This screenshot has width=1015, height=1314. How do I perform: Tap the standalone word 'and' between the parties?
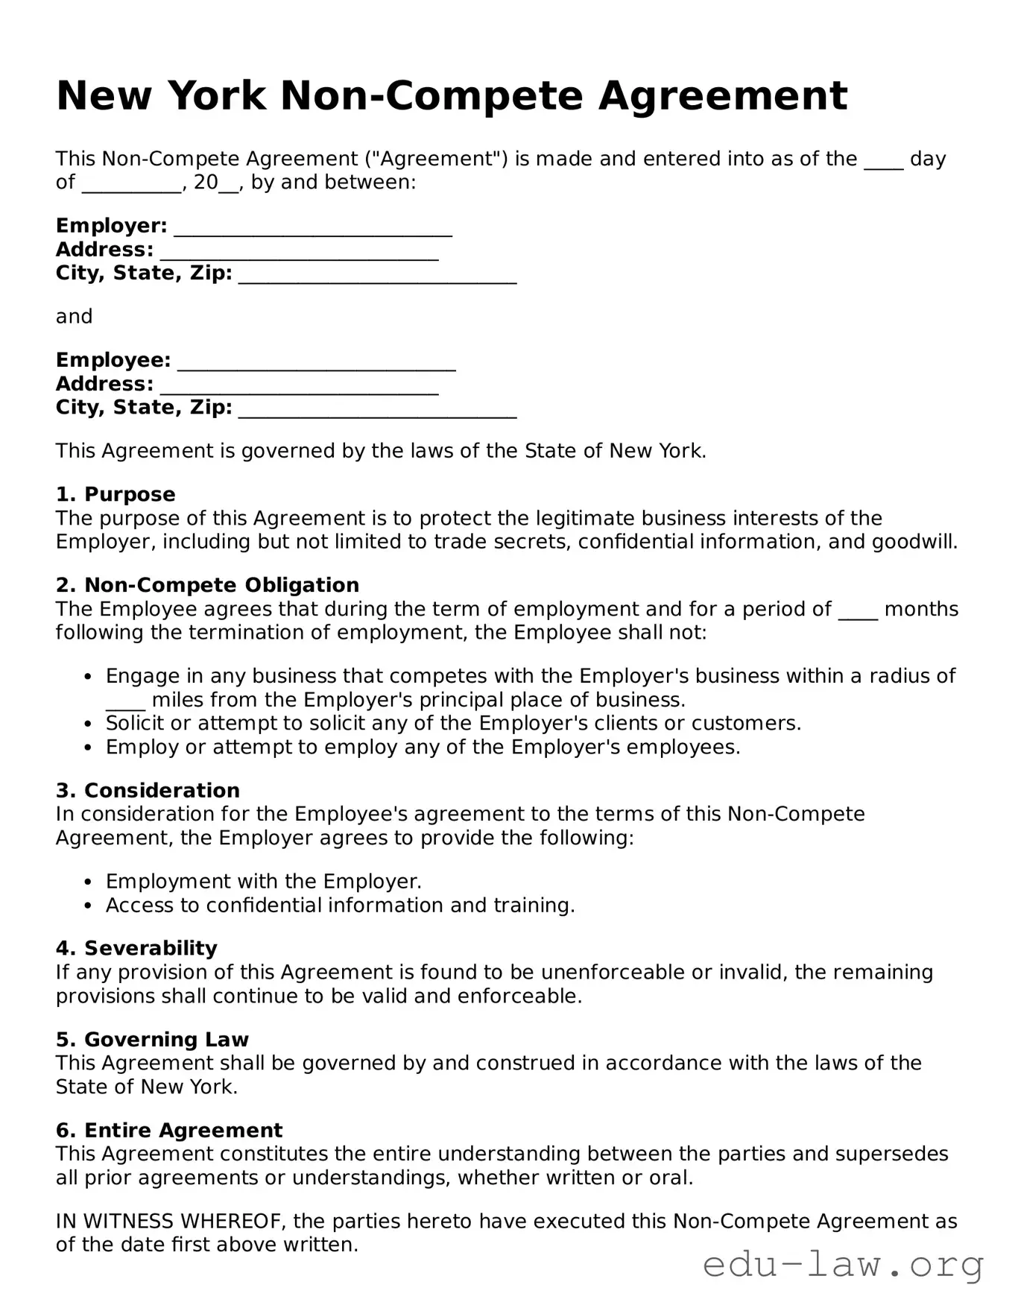[74, 317]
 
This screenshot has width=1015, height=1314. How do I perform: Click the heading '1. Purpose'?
[116, 495]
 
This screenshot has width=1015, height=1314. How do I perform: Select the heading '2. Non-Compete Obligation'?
[207, 585]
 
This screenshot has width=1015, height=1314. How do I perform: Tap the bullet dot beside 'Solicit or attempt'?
[89, 724]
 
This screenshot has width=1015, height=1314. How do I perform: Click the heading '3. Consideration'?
[148, 791]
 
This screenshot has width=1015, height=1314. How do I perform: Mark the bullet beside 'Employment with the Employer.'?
[89, 882]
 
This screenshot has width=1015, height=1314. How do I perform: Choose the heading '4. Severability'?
[136, 949]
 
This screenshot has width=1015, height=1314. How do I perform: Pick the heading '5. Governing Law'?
[152, 1040]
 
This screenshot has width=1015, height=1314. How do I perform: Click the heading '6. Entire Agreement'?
[169, 1131]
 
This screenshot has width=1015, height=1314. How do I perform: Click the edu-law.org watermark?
[843, 1265]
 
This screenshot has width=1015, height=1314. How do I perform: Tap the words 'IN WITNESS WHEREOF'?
[169, 1222]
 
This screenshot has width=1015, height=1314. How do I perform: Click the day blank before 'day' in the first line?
[883, 161]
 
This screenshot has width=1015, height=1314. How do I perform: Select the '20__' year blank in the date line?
[216, 183]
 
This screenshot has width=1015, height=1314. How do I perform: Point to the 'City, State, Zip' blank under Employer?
[377, 275]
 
